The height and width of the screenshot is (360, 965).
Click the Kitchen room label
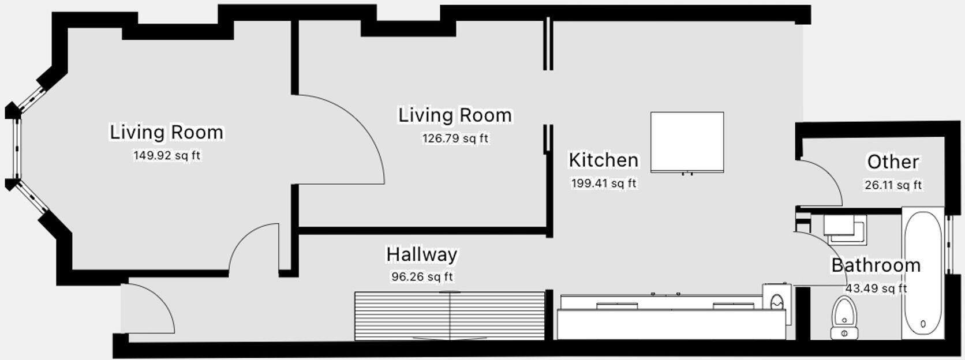[x=603, y=160]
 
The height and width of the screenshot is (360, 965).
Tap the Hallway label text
[x=421, y=254]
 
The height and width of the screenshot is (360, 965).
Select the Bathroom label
[x=876, y=265]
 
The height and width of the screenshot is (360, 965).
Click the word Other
[x=892, y=162]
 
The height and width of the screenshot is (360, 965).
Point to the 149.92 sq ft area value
[x=167, y=156]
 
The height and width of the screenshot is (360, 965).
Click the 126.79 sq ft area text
[x=455, y=138]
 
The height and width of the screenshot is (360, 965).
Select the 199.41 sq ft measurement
[x=603, y=183]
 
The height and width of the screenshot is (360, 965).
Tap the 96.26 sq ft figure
[x=422, y=277]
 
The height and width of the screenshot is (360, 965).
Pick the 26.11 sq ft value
[x=892, y=185]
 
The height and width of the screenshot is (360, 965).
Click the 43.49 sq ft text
[x=876, y=288]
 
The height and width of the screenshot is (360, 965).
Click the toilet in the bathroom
[x=844, y=317]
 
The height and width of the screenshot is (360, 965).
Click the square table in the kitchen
[x=687, y=142]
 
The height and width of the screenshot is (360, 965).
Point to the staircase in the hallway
[x=449, y=316]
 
